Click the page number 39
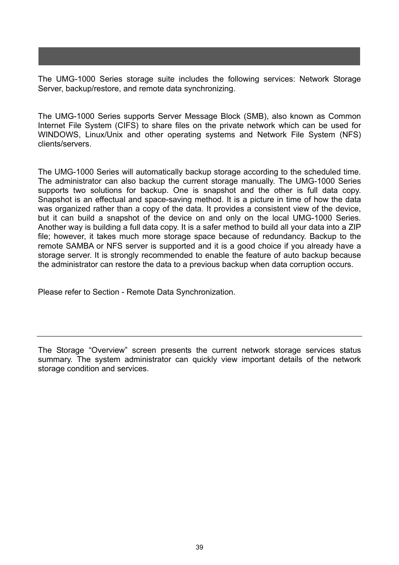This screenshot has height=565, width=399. [199, 547]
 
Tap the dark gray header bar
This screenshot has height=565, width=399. [199, 56]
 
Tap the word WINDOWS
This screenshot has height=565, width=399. [58, 135]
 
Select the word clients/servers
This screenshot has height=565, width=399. [64, 144]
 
